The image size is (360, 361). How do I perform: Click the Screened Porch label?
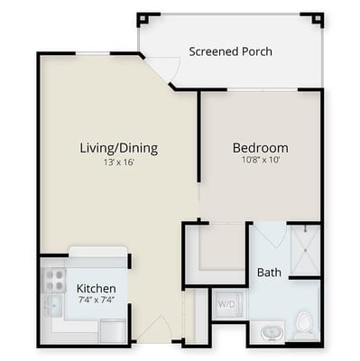(x=230, y=51)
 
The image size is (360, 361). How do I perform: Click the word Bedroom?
(x=260, y=148)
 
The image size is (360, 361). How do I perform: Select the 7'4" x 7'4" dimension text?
(x=96, y=301)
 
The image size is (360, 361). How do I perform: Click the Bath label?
(x=269, y=273)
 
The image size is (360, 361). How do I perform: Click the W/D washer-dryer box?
(x=226, y=304)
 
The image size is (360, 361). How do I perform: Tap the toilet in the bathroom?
(x=304, y=321)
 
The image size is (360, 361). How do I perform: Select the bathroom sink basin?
(x=270, y=333)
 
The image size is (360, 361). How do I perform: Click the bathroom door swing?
(x=268, y=236)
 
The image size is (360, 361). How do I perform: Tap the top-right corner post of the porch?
(x=316, y=18)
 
